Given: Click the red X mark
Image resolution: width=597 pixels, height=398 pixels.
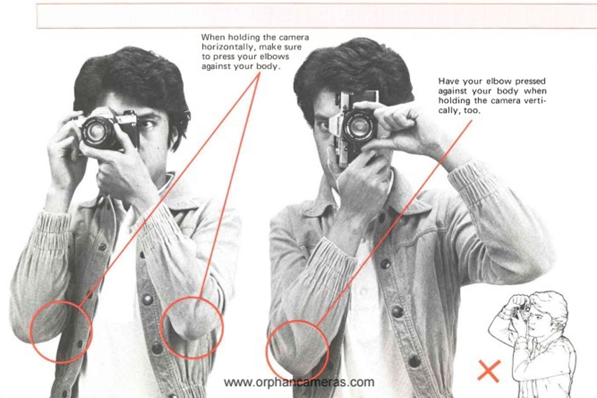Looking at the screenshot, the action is pos(489,371).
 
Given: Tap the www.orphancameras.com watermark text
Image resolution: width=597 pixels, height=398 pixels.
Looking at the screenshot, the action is pos(299,382).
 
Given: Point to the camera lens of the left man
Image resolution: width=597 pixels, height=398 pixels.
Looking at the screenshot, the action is pos(97,132).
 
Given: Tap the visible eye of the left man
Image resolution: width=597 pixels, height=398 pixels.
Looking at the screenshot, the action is pos(147,124).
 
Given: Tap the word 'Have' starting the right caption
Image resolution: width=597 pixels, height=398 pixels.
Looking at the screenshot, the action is pos(447,81).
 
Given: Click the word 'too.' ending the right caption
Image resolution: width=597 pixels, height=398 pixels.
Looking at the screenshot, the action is pos(472,111).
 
